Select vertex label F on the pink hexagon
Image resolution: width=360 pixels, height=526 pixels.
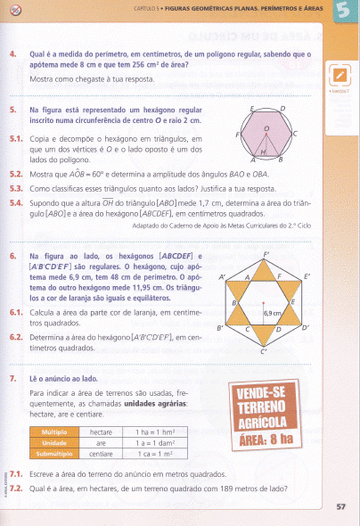coord(237,135)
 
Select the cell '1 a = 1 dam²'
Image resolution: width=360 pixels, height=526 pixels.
coord(166,442)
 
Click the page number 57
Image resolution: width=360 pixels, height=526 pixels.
coord(340,507)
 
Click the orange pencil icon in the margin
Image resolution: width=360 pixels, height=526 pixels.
coord(340,77)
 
